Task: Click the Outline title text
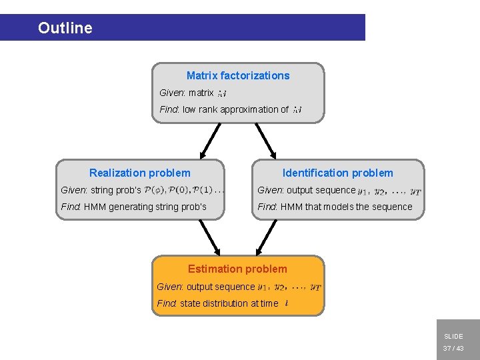tap(65, 28)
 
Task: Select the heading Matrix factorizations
tap(238, 75)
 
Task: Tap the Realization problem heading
tap(139, 173)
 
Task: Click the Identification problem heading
tap(337, 173)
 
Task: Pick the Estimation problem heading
tap(237, 269)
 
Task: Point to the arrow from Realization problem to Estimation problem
tap(209, 237)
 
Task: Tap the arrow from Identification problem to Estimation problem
tap(266, 237)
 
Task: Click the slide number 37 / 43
tap(453, 349)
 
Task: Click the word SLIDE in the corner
tap(453, 337)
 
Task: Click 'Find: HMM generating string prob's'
tap(133, 207)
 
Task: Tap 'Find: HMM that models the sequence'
tap(335, 207)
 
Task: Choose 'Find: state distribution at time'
tap(217, 303)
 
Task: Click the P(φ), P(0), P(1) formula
tap(184, 190)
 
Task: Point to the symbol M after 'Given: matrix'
tap(223, 93)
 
